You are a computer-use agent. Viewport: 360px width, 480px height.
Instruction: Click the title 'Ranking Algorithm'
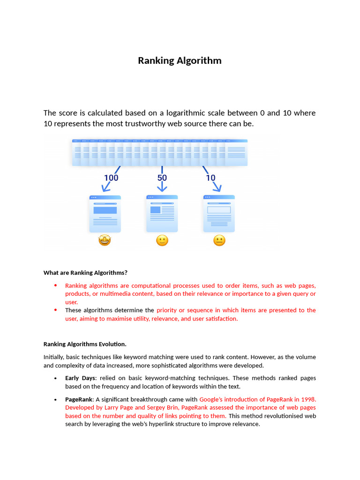pyautogui.click(x=180, y=61)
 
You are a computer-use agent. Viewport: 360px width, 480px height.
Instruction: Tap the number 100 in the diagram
pyautogui.click(x=111, y=178)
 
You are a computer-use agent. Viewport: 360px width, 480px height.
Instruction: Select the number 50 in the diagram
pyautogui.click(x=162, y=178)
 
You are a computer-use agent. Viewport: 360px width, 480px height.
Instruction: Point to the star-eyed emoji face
pyautogui.click(x=105, y=241)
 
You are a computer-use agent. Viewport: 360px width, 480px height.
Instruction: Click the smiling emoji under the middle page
pyautogui.click(x=162, y=241)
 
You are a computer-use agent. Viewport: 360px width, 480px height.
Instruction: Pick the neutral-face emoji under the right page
pyautogui.click(x=219, y=241)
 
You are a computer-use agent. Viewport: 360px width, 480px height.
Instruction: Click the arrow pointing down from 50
pyautogui.click(x=162, y=187)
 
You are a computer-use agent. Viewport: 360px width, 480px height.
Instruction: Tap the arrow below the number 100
pyautogui.click(x=106, y=187)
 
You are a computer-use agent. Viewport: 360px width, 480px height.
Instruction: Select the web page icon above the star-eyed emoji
pyautogui.click(x=105, y=214)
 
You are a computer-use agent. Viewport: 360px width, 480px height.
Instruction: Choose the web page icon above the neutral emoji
pyautogui.click(x=219, y=214)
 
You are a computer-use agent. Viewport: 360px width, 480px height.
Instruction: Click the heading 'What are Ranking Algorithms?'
pyautogui.click(x=85, y=272)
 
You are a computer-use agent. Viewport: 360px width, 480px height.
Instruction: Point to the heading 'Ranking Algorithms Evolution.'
pyautogui.click(x=85, y=344)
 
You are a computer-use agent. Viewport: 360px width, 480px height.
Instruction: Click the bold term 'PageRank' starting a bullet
pyautogui.click(x=79, y=399)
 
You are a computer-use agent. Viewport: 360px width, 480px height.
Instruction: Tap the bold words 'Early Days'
pyautogui.click(x=80, y=378)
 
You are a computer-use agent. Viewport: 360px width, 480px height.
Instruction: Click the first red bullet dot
pyautogui.click(x=55, y=285)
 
